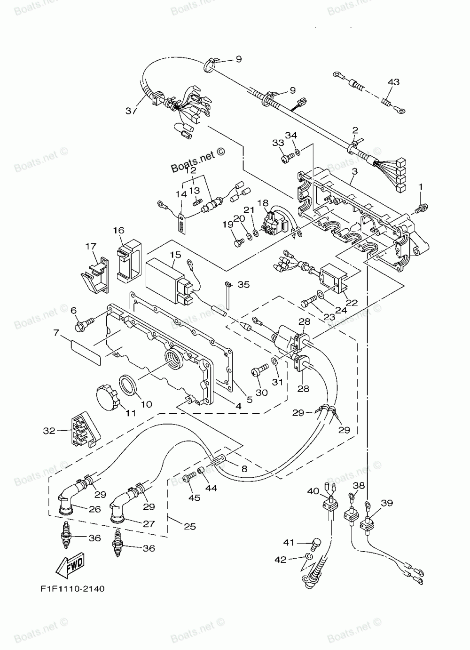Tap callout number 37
pos(131,111)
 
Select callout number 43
pos(393,82)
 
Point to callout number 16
pos(118,231)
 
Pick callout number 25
pos(190,526)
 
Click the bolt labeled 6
pos(84,324)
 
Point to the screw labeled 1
pos(421,209)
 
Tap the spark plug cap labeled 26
pos(71,499)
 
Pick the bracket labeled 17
pos(95,274)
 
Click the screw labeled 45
pos(189,477)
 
